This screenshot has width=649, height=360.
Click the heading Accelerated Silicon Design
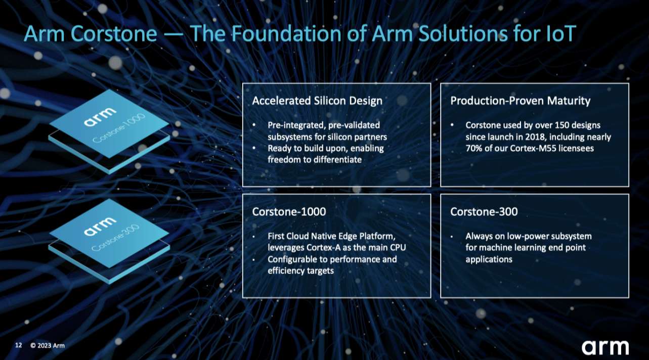click(317, 101)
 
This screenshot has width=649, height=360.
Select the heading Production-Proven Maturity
click(520, 101)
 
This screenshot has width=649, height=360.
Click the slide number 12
click(19, 345)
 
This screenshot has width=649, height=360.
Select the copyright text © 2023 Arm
click(47, 346)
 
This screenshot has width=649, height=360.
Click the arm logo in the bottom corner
click(605, 347)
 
